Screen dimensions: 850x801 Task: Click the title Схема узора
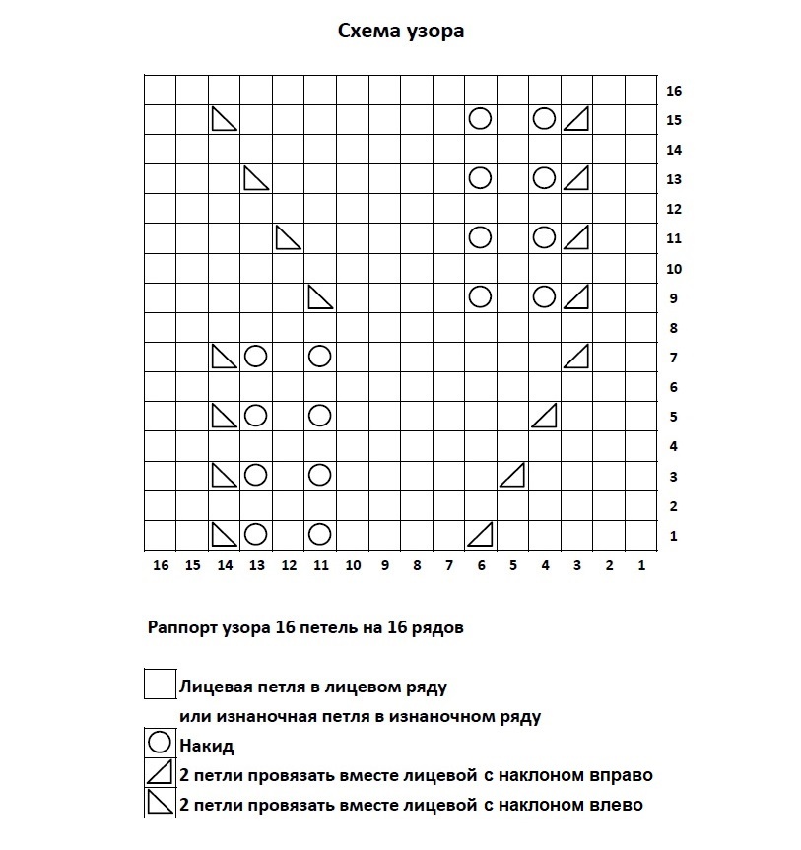(401, 32)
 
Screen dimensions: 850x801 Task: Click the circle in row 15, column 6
(480, 119)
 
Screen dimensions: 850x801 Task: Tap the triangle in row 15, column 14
(225, 119)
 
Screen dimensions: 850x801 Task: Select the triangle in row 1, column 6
(480, 534)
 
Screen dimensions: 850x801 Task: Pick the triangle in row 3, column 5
(511, 475)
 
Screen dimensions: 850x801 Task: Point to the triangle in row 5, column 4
(544, 416)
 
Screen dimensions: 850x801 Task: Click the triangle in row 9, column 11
(320, 296)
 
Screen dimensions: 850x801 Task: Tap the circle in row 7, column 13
(256, 356)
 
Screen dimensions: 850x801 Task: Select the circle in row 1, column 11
(319, 534)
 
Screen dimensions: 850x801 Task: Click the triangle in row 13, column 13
(256, 178)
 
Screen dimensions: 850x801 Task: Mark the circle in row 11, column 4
(544, 237)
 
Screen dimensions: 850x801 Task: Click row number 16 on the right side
(674, 91)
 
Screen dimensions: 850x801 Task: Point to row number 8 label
(674, 328)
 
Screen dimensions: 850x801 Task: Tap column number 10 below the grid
(353, 565)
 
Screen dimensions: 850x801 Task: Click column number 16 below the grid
(162, 565)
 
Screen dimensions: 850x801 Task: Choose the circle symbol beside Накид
(159, 745)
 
